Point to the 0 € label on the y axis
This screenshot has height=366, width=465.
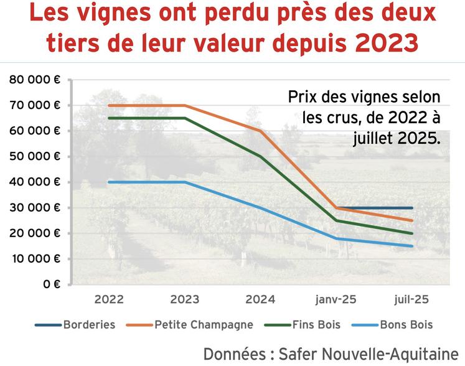coord(52,284)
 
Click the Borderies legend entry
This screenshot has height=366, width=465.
coord(89,325)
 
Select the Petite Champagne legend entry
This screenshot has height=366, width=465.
coord(204,325)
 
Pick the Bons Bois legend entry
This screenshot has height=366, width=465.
coord(406,325)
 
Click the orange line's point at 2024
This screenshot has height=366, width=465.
coord(260,131)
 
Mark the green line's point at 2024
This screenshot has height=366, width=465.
coord(260,156)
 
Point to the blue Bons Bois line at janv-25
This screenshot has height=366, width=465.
coord(336,238)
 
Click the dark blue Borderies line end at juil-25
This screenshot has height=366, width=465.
coord(411,208)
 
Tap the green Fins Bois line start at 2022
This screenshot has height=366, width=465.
coord(109,118)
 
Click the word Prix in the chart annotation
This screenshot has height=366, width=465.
coord(301,98)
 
